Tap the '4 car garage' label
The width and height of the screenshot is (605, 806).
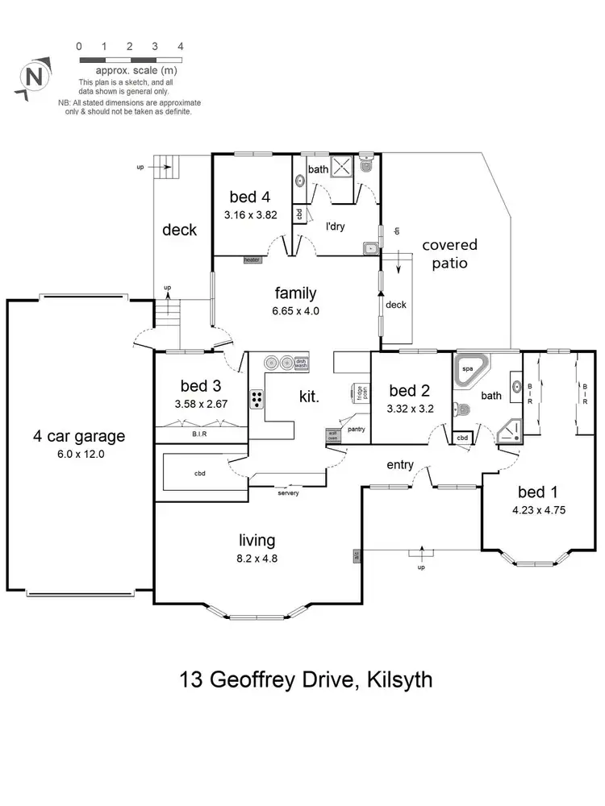(x=79, y=436)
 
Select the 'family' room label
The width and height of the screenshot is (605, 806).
(x=296, y=293)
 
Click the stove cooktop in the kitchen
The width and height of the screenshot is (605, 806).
(x=258, y=397)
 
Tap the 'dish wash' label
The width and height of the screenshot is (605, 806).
(x=301, y=364)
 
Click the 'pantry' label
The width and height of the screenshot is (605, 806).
(x=357, y=430)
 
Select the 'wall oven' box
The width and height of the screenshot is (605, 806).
(x=332, y=435)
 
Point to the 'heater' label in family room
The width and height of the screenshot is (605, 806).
(x=252, y=260)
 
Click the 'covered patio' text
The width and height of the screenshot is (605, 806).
(x=449, y=253)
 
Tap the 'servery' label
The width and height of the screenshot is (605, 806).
(x=288, y=492)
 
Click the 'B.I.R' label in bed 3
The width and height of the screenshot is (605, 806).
(x=201, y=434)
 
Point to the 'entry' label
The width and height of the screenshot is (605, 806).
(x=400, y=465)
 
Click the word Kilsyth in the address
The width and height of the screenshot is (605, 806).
(x=400, y=679)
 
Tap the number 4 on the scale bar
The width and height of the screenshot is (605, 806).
(x=180, y=46)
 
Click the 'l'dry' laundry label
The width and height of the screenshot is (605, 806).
(x=335, y=226)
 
